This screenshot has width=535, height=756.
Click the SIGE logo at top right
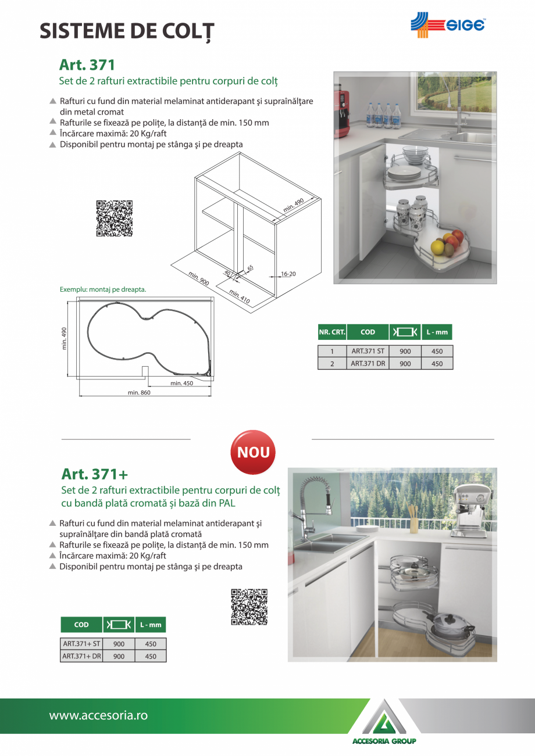click(x=448, y=25)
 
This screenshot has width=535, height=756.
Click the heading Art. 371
click(x=87, y=65)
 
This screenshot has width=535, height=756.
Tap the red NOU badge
click(x=253, y=452)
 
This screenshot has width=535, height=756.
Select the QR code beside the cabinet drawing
click(x=114, y=218)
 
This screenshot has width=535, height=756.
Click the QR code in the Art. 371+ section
click(x=249, y=607)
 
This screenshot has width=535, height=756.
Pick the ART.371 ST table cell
click(x=368, y=351)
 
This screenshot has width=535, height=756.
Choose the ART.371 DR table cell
click(x=368, y=364)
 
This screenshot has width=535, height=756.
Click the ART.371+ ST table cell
click(x=81, y=644)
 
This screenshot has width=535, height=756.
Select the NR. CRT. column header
click(x=332, y=332)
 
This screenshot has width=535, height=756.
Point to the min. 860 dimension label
click(x=139, y=393)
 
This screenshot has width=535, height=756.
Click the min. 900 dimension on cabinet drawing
click(x=199, y=278)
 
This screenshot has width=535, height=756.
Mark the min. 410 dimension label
click(x=239, y=296)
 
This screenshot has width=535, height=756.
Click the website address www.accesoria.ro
click(x=98, y=715)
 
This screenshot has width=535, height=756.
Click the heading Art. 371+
click(x=94, y=474)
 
